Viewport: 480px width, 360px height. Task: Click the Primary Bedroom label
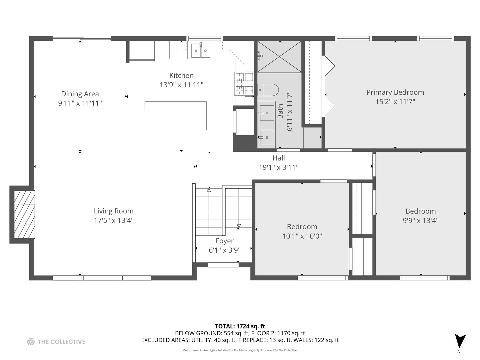395,92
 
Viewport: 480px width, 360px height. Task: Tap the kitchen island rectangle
175,116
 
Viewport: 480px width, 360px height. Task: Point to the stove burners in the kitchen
244,84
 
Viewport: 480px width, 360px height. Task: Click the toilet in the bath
268,90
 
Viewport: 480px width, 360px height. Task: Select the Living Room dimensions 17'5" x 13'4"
114,220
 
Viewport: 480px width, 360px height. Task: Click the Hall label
279,158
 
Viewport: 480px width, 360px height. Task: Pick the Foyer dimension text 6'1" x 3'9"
225,250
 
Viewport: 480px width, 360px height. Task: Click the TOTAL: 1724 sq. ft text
240,326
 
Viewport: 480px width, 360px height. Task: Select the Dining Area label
80,94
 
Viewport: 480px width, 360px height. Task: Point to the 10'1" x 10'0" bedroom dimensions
302,236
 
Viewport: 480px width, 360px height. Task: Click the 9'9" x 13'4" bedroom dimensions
420,220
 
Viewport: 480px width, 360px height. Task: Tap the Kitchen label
181,76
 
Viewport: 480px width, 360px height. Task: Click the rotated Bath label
280,111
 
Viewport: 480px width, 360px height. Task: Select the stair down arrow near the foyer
239,226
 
